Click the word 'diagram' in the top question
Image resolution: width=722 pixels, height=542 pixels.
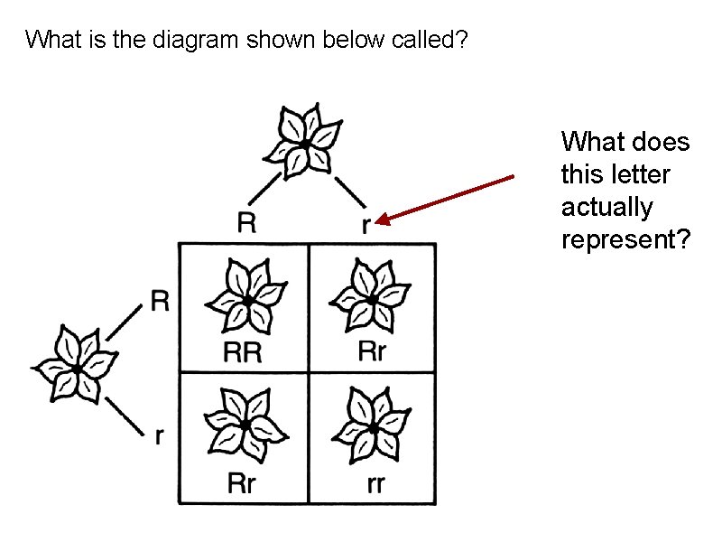click(x=161, y=41)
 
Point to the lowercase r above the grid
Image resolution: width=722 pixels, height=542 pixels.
click(x=365, y=225)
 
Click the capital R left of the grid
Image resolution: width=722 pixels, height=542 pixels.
click(x=160, y=301)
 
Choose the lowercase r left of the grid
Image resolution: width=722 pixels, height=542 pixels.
click(x=160, y=436)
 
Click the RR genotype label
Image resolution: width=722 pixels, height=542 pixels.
click(x=242, y=352)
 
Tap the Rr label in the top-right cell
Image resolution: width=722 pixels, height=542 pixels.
click(x=372, y=351)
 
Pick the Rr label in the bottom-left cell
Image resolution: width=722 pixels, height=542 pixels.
click(x=241, y=483)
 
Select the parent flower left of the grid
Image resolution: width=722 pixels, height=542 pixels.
click(x=76, y=366)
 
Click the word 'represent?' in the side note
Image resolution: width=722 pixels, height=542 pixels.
click(x=625, y=239)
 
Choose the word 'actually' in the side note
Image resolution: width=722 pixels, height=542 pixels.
click(x=606, y=207)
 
